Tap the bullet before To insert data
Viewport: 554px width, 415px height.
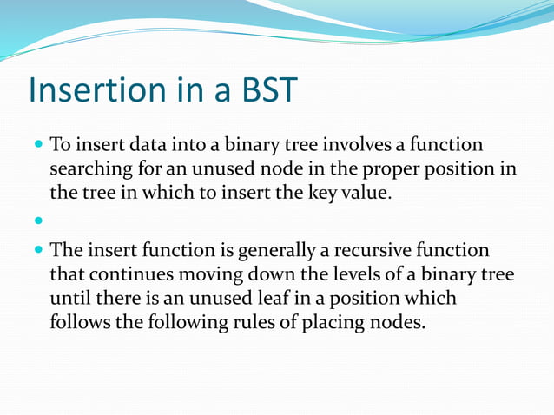(37, 145)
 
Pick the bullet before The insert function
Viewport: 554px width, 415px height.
(37, 252)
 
